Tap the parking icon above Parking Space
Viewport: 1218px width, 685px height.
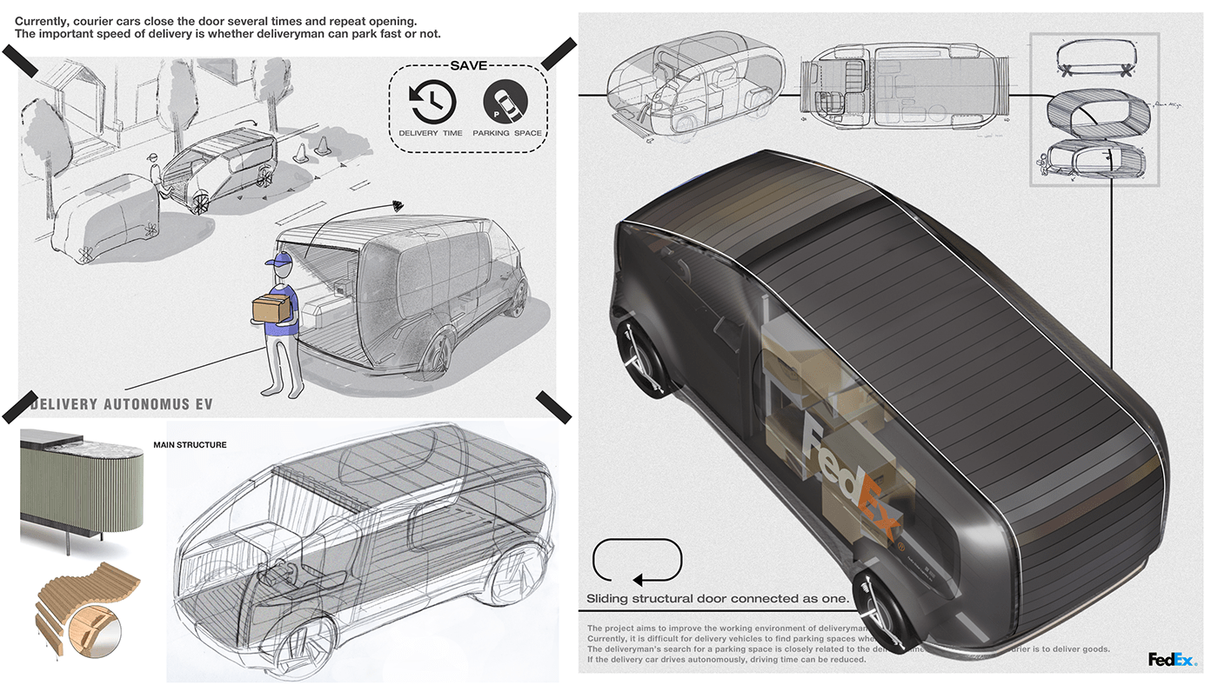[505, 102]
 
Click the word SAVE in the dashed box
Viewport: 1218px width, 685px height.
[468, 66]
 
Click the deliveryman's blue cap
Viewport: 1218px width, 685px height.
[277, 262]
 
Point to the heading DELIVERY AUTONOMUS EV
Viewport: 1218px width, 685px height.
[121, 404]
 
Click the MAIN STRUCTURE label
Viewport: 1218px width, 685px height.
[190, 445]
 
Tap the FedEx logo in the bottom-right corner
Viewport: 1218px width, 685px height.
[1172, 660]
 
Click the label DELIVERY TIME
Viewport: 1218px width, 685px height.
[431, 133]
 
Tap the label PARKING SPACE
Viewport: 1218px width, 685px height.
[507, 133]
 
